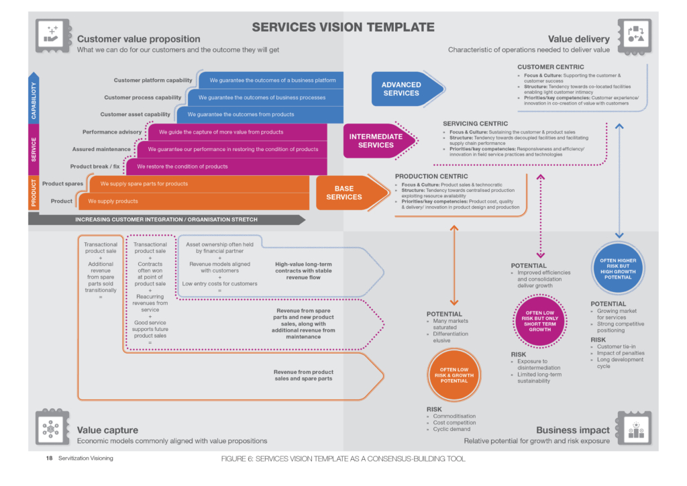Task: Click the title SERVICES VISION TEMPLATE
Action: tap(343, 28)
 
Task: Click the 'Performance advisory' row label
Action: tap(112, 132)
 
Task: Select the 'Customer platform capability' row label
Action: tap(153, 81)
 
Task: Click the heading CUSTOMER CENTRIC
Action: tap(550, 67)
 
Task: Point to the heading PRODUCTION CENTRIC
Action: tap(427, 177)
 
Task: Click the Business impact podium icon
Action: tap(634, 428)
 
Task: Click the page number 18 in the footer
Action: tap(49, 458)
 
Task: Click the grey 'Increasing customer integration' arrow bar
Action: tap(166, 220)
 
